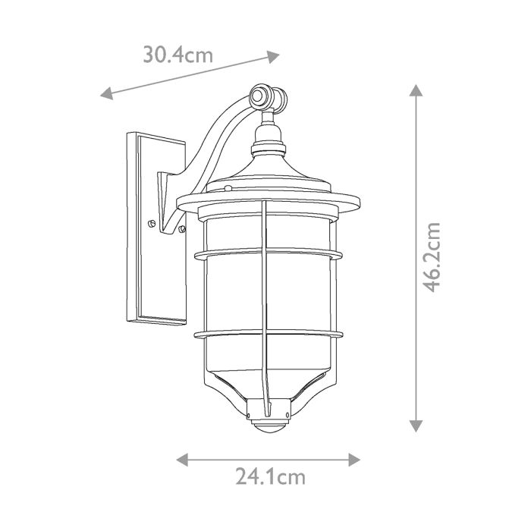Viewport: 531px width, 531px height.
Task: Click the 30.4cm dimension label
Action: (x=178, y=55)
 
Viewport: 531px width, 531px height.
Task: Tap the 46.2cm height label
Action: (x=432, y=257)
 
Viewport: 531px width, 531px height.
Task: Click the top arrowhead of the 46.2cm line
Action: (x=415, y=90)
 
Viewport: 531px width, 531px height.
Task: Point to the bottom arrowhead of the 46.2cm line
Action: (x=415, y=426)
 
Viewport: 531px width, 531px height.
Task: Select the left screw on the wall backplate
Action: (x=152, y=223)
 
